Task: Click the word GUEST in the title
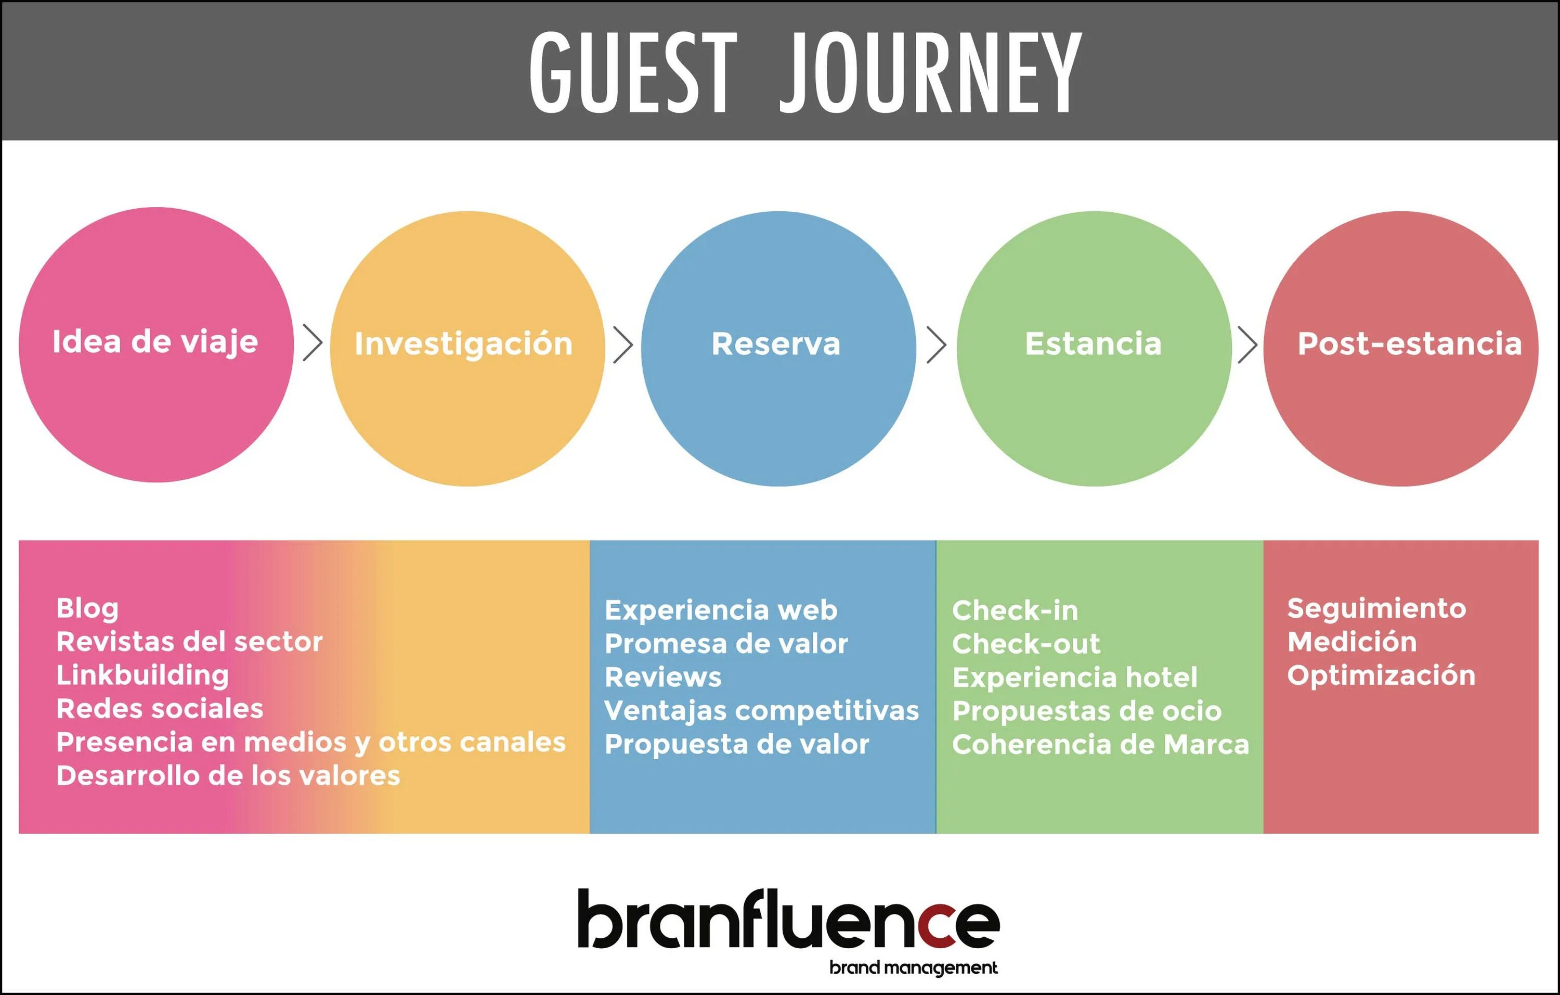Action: [633, 73]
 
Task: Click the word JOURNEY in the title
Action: [930, 73]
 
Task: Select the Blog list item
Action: [87, 609]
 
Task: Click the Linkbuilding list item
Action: [142, 675]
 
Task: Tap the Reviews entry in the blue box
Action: [662, 678]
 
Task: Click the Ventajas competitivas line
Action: [761, 711]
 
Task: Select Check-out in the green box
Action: [1025, 644]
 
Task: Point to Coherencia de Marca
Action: [1100, 745]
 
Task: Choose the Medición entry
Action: [1351, 642]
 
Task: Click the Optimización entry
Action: [1381, 675]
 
